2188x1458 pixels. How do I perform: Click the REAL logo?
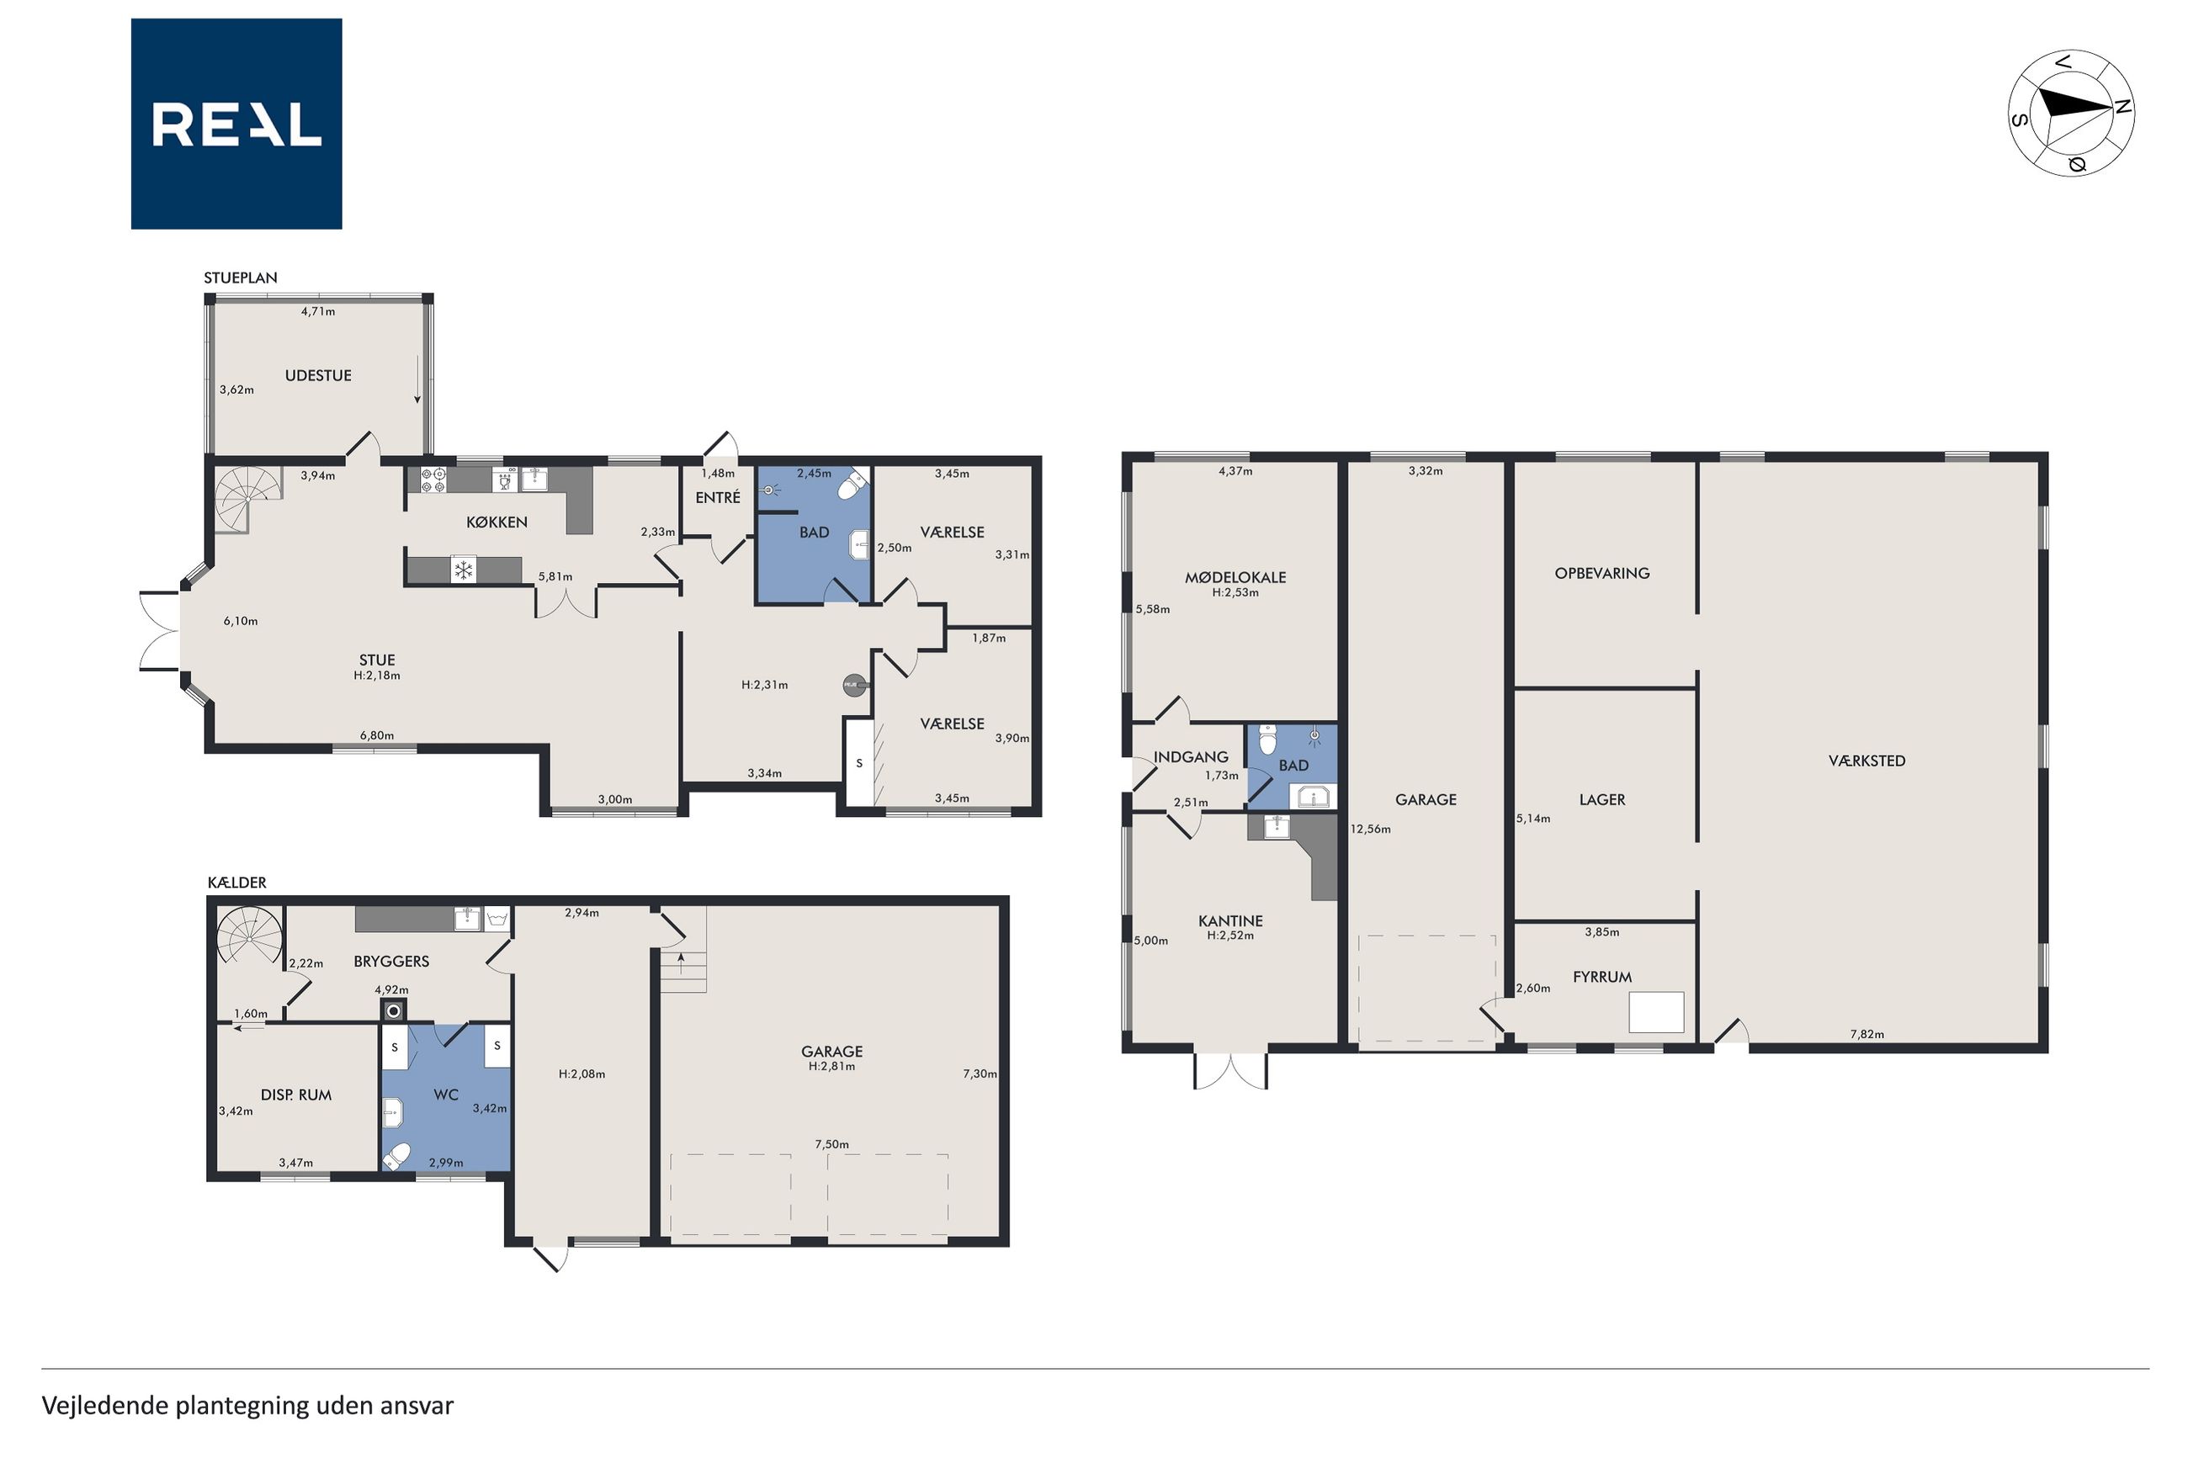click(x=236, y=124)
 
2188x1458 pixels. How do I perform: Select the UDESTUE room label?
click(x=318, y=376)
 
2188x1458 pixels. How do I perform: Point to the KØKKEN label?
click(x=497, y=522)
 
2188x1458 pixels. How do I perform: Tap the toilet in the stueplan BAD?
click(x=852, y=486)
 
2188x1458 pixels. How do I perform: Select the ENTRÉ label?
click(x=718, y=497)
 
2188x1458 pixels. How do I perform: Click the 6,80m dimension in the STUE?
click(x=377, y=735)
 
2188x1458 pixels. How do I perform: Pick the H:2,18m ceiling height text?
click(x=377, y=676)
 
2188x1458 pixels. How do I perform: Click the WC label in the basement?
click(x=446, y=1095)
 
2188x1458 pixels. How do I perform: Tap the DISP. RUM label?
click(x=295, y=1095)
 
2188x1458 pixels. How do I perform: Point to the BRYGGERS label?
click(x=391, y=962)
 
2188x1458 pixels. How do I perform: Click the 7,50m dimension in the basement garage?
click(x=831, y=1145)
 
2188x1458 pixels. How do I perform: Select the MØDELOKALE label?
click(x=1235, y=577)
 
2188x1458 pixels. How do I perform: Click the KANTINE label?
click(x=1230, y=921)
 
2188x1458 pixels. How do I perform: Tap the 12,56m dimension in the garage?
click(x=1371, y=830)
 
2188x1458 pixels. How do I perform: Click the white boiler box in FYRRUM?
click(x=1656, y=1013)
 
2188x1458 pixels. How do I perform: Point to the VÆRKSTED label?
click(x=1867, y=761)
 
